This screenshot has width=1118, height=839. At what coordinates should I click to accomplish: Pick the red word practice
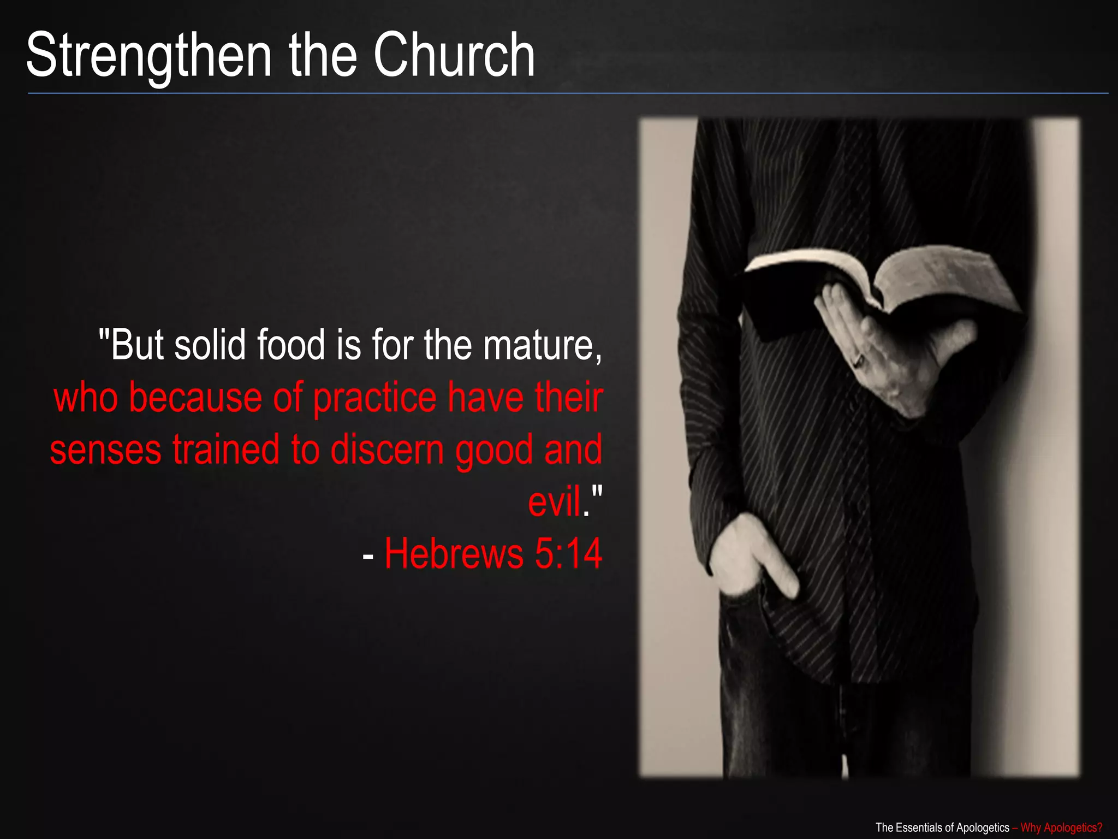point(375,398)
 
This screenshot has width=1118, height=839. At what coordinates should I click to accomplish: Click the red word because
point(196,398)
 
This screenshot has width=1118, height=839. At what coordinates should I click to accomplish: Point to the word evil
point(554,501)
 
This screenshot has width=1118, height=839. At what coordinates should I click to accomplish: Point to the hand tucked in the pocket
point(753,557)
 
